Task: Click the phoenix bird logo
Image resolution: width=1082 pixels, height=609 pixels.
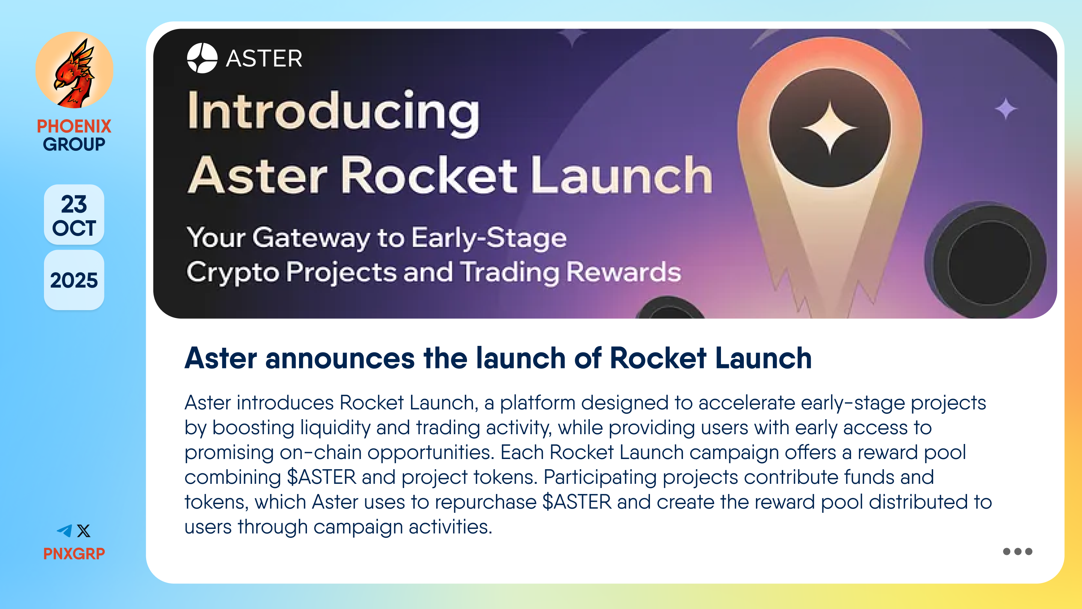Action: (74, 70)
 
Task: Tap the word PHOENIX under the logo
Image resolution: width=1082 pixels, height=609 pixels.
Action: (74, 126)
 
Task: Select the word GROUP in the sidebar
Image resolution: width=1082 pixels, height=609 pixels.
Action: (74, 144)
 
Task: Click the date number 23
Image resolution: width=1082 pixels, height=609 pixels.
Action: (74, 204)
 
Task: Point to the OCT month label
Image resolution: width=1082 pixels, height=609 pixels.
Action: (74, 228)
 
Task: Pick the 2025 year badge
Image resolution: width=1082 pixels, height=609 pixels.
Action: (74, 280)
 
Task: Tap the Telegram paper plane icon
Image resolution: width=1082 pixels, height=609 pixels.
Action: (65, 530)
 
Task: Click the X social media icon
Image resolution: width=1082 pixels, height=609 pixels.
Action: (83, 530)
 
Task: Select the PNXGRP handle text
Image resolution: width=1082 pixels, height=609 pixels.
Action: (74, 553)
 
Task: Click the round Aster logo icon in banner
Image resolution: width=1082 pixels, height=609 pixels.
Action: (202, 58)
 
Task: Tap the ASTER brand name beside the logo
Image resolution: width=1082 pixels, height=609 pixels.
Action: (264, 58)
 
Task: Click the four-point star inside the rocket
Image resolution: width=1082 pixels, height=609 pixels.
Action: (830, 128)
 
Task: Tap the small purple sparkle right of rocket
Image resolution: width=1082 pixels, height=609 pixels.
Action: (1006, 108)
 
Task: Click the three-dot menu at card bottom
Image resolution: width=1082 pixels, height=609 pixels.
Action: (1017, 551)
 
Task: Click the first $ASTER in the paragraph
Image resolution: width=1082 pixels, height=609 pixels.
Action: (321, 477)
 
